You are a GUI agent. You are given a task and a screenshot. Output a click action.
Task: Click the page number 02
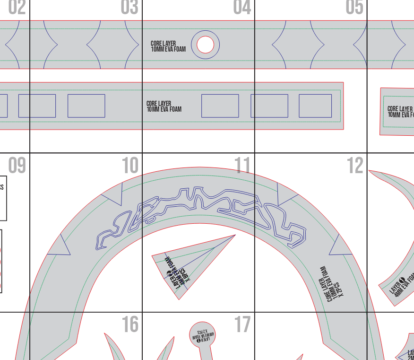[x=17, y=8]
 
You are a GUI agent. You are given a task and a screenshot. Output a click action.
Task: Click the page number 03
[x=129, y=8]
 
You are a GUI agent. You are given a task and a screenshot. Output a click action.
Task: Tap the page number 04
[x=242, y=8]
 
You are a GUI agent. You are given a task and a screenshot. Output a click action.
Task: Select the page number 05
[x=354, y=8]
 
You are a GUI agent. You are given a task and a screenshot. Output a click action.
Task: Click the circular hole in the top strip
[x=205, y=45]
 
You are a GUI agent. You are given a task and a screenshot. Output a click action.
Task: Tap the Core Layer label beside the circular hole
[x=168, y=46]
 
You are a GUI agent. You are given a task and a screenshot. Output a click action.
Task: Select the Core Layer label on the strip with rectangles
[x=164, y=106]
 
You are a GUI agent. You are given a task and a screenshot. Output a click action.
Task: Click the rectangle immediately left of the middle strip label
[x=86, y=106]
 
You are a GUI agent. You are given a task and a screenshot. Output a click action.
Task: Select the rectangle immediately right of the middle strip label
[x=220, y=106]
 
